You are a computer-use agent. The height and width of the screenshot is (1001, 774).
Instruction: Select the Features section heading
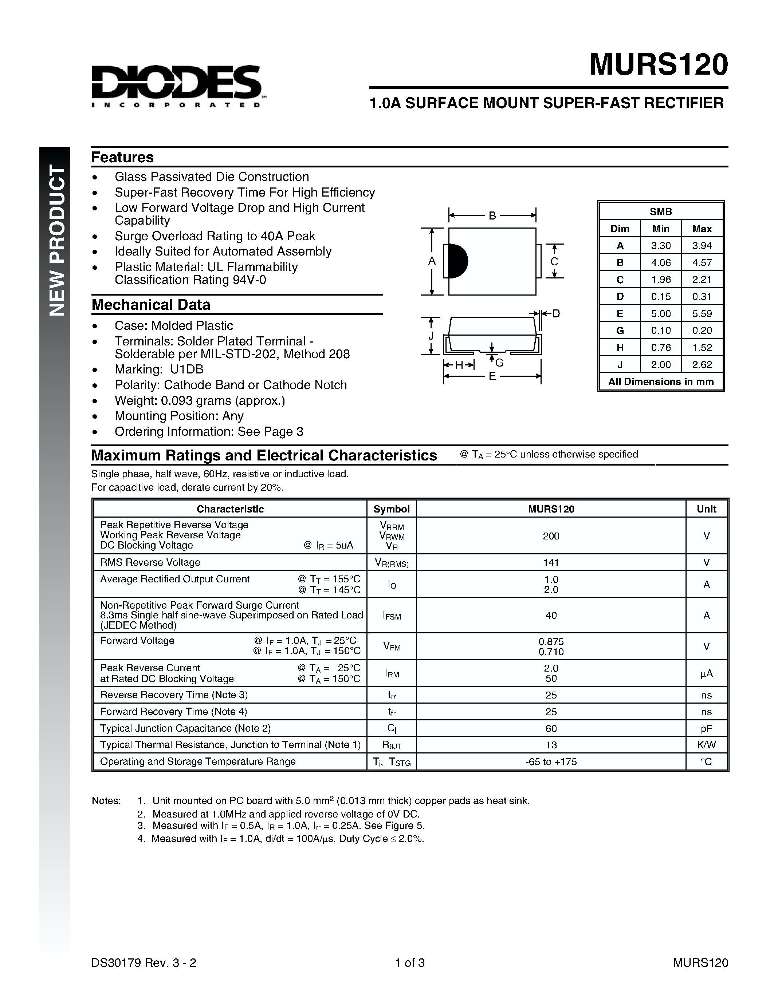pos(122,157)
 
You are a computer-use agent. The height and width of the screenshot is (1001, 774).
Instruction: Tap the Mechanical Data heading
pos(151,304)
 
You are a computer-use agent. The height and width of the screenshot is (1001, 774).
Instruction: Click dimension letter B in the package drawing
pos(492,215)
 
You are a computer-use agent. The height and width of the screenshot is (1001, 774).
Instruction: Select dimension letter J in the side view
pos(431,336)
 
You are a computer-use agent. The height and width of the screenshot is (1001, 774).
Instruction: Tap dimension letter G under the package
pos(499,363)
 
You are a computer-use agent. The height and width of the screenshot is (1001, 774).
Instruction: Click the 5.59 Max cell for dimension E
pos(702,313)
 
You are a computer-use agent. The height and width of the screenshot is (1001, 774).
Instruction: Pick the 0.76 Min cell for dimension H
pos(661,347)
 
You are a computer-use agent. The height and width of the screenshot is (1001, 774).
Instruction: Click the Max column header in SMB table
pos(702,229)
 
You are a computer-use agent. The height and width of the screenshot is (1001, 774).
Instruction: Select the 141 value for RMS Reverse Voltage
pos(551,562)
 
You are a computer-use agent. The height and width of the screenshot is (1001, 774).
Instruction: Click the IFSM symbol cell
pos(392,616)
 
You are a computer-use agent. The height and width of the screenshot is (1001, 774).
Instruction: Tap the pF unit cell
pos(706,728)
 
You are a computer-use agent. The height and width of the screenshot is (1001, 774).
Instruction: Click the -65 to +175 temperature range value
pos(551,762)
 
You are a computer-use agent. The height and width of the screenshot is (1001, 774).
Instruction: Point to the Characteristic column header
pos(230,509)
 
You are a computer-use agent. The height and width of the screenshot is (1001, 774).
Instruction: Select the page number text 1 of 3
pos(410,962)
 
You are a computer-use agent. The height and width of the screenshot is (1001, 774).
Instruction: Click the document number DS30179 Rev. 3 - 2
pos(144,962)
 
